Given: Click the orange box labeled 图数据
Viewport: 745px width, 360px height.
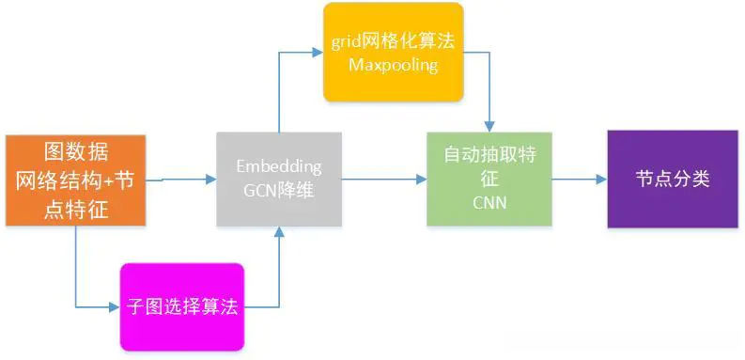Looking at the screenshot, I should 75,180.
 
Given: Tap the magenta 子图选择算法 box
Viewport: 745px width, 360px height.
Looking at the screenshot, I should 181,305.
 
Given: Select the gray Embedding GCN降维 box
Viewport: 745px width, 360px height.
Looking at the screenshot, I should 278,179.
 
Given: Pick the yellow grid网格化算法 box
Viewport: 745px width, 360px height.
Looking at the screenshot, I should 394,52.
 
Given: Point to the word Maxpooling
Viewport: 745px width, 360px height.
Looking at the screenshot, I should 394,65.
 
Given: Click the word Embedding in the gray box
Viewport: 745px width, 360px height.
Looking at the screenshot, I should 278,167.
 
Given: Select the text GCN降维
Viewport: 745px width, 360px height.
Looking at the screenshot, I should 278,189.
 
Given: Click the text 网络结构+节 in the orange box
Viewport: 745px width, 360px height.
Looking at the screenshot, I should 76,180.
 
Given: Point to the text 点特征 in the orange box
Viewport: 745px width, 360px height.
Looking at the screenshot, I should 76,210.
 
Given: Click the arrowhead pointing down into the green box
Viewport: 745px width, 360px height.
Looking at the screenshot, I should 489,127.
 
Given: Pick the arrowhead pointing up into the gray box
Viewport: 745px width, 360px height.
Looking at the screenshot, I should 279,232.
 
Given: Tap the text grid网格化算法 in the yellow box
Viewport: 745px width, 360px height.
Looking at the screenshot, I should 394,42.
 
